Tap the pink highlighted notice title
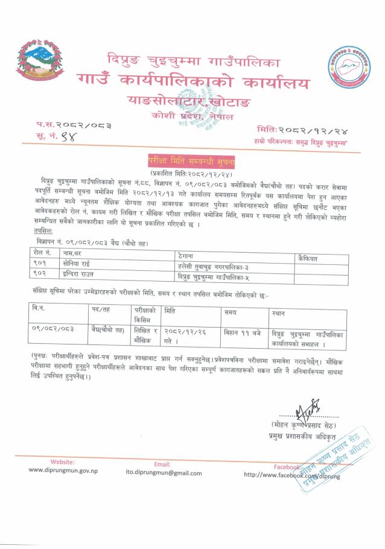[192, 162]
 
